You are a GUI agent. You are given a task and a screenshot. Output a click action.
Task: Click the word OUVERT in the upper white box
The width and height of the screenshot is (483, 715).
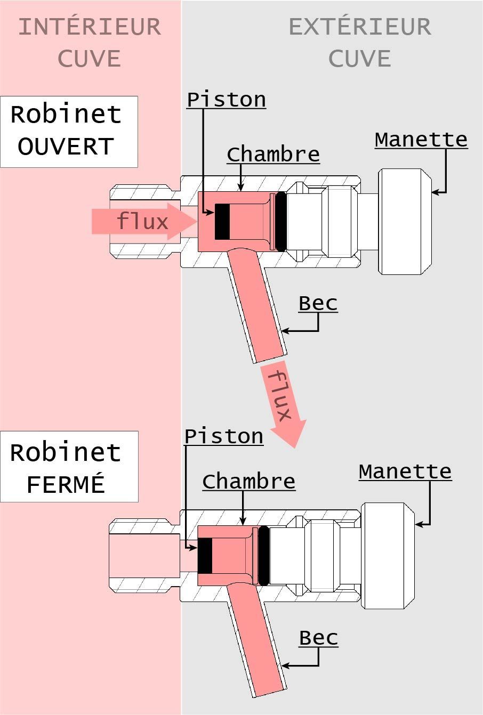[x=66, y=147]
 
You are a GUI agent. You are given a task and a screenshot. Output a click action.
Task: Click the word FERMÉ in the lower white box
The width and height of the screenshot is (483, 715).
[x=66, y=484]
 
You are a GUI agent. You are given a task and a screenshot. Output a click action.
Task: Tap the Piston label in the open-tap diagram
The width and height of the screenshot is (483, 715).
[x=226, y=100]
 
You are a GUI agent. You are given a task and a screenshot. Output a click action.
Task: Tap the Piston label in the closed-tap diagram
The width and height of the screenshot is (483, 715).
[x=224, y=436]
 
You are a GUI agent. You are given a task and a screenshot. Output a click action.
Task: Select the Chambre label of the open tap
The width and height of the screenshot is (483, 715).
[x=273, y=155]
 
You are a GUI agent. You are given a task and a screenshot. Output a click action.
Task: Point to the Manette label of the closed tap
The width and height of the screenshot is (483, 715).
[x=405, y=472]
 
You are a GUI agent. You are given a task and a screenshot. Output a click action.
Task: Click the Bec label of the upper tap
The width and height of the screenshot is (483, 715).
[x=318, y=303]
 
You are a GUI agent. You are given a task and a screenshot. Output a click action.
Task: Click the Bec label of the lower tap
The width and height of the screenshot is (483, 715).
[x=318, y=638]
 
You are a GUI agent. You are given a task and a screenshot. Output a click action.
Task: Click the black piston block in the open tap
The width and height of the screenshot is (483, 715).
[x=222, y=222]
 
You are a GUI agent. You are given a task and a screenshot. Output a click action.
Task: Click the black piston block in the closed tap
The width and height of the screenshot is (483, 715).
[x=205, y=556]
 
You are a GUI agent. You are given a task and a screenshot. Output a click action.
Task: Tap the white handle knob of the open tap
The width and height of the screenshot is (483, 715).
[x=405, y=222]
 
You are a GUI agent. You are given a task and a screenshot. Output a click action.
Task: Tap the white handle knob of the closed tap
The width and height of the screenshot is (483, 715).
[x=388, y=556]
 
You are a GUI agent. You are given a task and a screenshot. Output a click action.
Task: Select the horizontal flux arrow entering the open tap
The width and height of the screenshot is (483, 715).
[x=144, y=221]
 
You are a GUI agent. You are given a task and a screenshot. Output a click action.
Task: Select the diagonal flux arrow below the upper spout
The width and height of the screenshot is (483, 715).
[x=283, y=404]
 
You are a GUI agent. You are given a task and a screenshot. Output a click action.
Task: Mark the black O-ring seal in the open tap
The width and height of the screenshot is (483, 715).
[x=281, y=222]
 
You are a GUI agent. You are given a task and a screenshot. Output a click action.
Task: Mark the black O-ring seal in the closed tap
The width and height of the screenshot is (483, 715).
[x=263, y=556]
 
